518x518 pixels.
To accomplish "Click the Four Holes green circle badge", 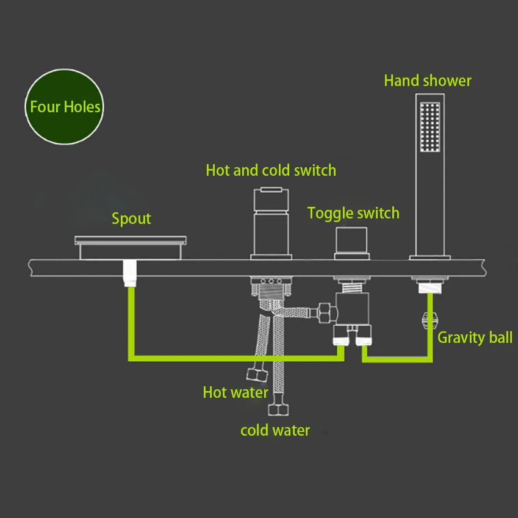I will [x=65, y=107].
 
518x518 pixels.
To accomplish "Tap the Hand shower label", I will [x=427, y=81].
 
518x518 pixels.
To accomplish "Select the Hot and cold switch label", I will [x=271, y=170].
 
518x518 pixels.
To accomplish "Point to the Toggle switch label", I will [x=353, y=214].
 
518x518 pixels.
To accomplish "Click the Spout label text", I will [x=131, y=219].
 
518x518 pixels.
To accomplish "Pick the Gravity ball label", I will [x=475, y=337].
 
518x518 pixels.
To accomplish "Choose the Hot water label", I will [x=236, y=392].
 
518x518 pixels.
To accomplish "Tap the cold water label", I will [x=275, y=431].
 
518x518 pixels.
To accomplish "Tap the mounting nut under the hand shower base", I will [x=430, y=284].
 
